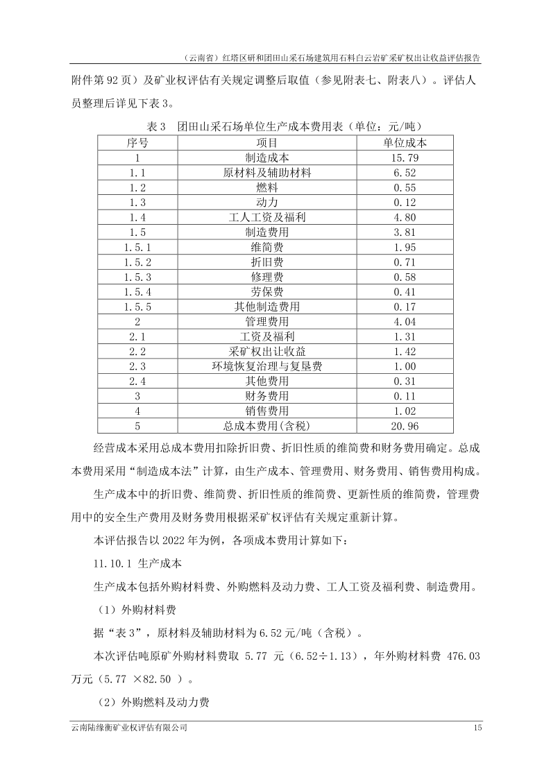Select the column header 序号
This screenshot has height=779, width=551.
tap(137, 142)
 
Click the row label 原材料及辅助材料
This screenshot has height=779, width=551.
tap(267, 172)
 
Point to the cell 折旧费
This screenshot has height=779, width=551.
tap(267, 262)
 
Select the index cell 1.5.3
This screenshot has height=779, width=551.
tap(137, 277)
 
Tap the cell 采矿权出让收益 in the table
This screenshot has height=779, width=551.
tap(267, 352)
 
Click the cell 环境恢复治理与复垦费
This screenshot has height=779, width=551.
tap(267, 366)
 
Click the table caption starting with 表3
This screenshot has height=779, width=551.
tap(275, 127)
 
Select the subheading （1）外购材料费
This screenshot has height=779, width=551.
tap(133, 610)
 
